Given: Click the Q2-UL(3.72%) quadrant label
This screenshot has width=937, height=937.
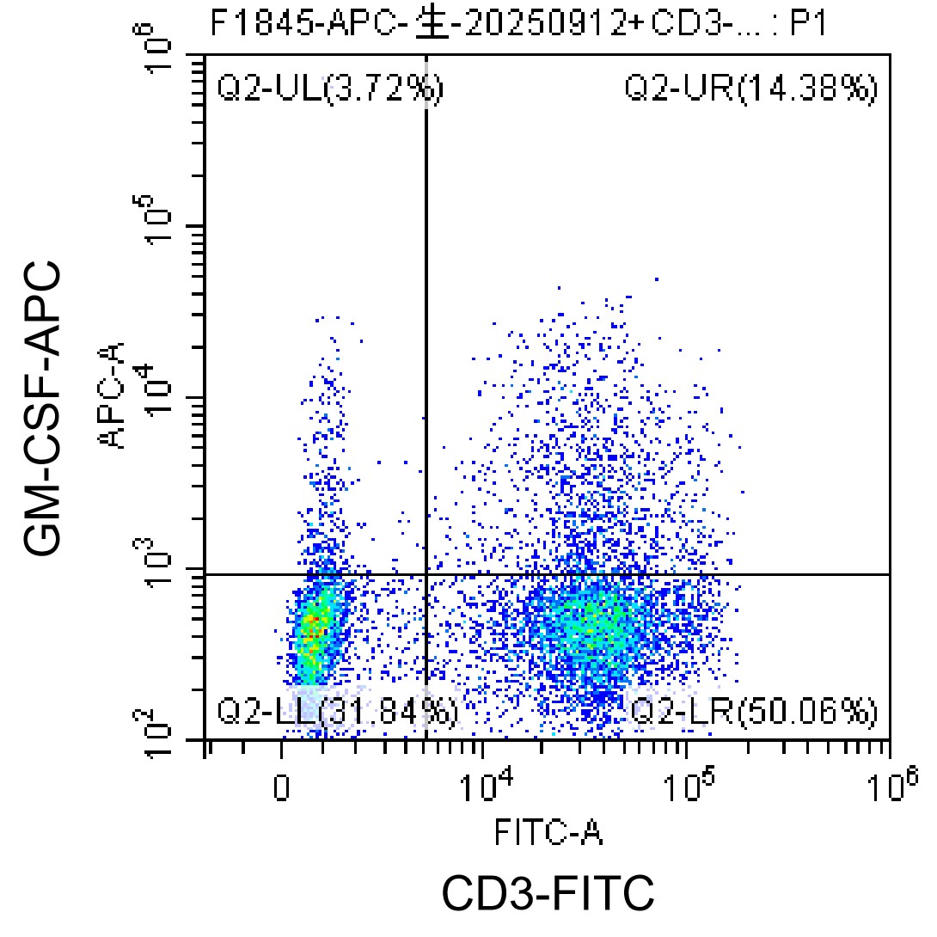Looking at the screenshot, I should [330, 89].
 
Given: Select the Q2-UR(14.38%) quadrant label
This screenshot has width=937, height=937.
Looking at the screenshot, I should [750, 89].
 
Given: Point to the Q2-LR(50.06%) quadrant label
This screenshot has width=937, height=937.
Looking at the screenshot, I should [755, 712].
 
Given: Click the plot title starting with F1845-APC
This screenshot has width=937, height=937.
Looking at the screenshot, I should [518, 24].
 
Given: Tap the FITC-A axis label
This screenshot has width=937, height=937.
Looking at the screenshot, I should [548, 832].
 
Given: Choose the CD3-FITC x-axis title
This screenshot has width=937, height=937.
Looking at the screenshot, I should [548, 893].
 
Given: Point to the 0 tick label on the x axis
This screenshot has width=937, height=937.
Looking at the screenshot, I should [281, 787].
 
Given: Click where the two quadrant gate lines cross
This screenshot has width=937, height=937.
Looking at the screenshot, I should [426, 574].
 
